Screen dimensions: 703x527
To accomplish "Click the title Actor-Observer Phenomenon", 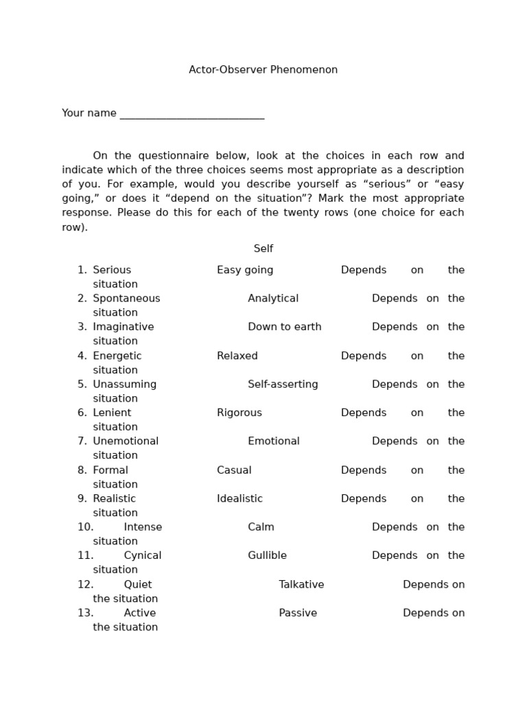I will coord(263,70).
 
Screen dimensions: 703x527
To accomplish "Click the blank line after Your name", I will coord(191,114).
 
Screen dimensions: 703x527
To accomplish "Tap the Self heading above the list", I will coord(263,249).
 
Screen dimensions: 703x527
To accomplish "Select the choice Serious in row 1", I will coord(112,270).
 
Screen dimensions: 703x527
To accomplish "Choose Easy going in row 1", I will coord(245,270).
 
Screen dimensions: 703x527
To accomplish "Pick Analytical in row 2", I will coord(273,299).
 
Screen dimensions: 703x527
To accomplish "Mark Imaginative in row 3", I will coord(124,327).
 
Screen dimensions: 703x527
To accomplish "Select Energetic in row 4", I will coord(117,356).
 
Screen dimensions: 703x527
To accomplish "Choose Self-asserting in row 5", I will coord(283,384).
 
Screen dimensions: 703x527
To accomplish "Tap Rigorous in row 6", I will coord(239,413).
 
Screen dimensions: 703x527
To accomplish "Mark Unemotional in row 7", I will coord(126,441).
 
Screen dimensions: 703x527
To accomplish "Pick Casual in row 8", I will coord(234,470).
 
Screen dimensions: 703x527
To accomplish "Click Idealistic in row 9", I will coord(239,498).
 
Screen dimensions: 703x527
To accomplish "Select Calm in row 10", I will coord(261,527).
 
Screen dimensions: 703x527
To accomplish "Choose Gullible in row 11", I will coord(267,555).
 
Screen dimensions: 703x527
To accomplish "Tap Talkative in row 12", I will coord(301,585).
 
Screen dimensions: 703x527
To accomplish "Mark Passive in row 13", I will coord(298,613).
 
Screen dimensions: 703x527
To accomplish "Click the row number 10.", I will coord(85,527).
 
